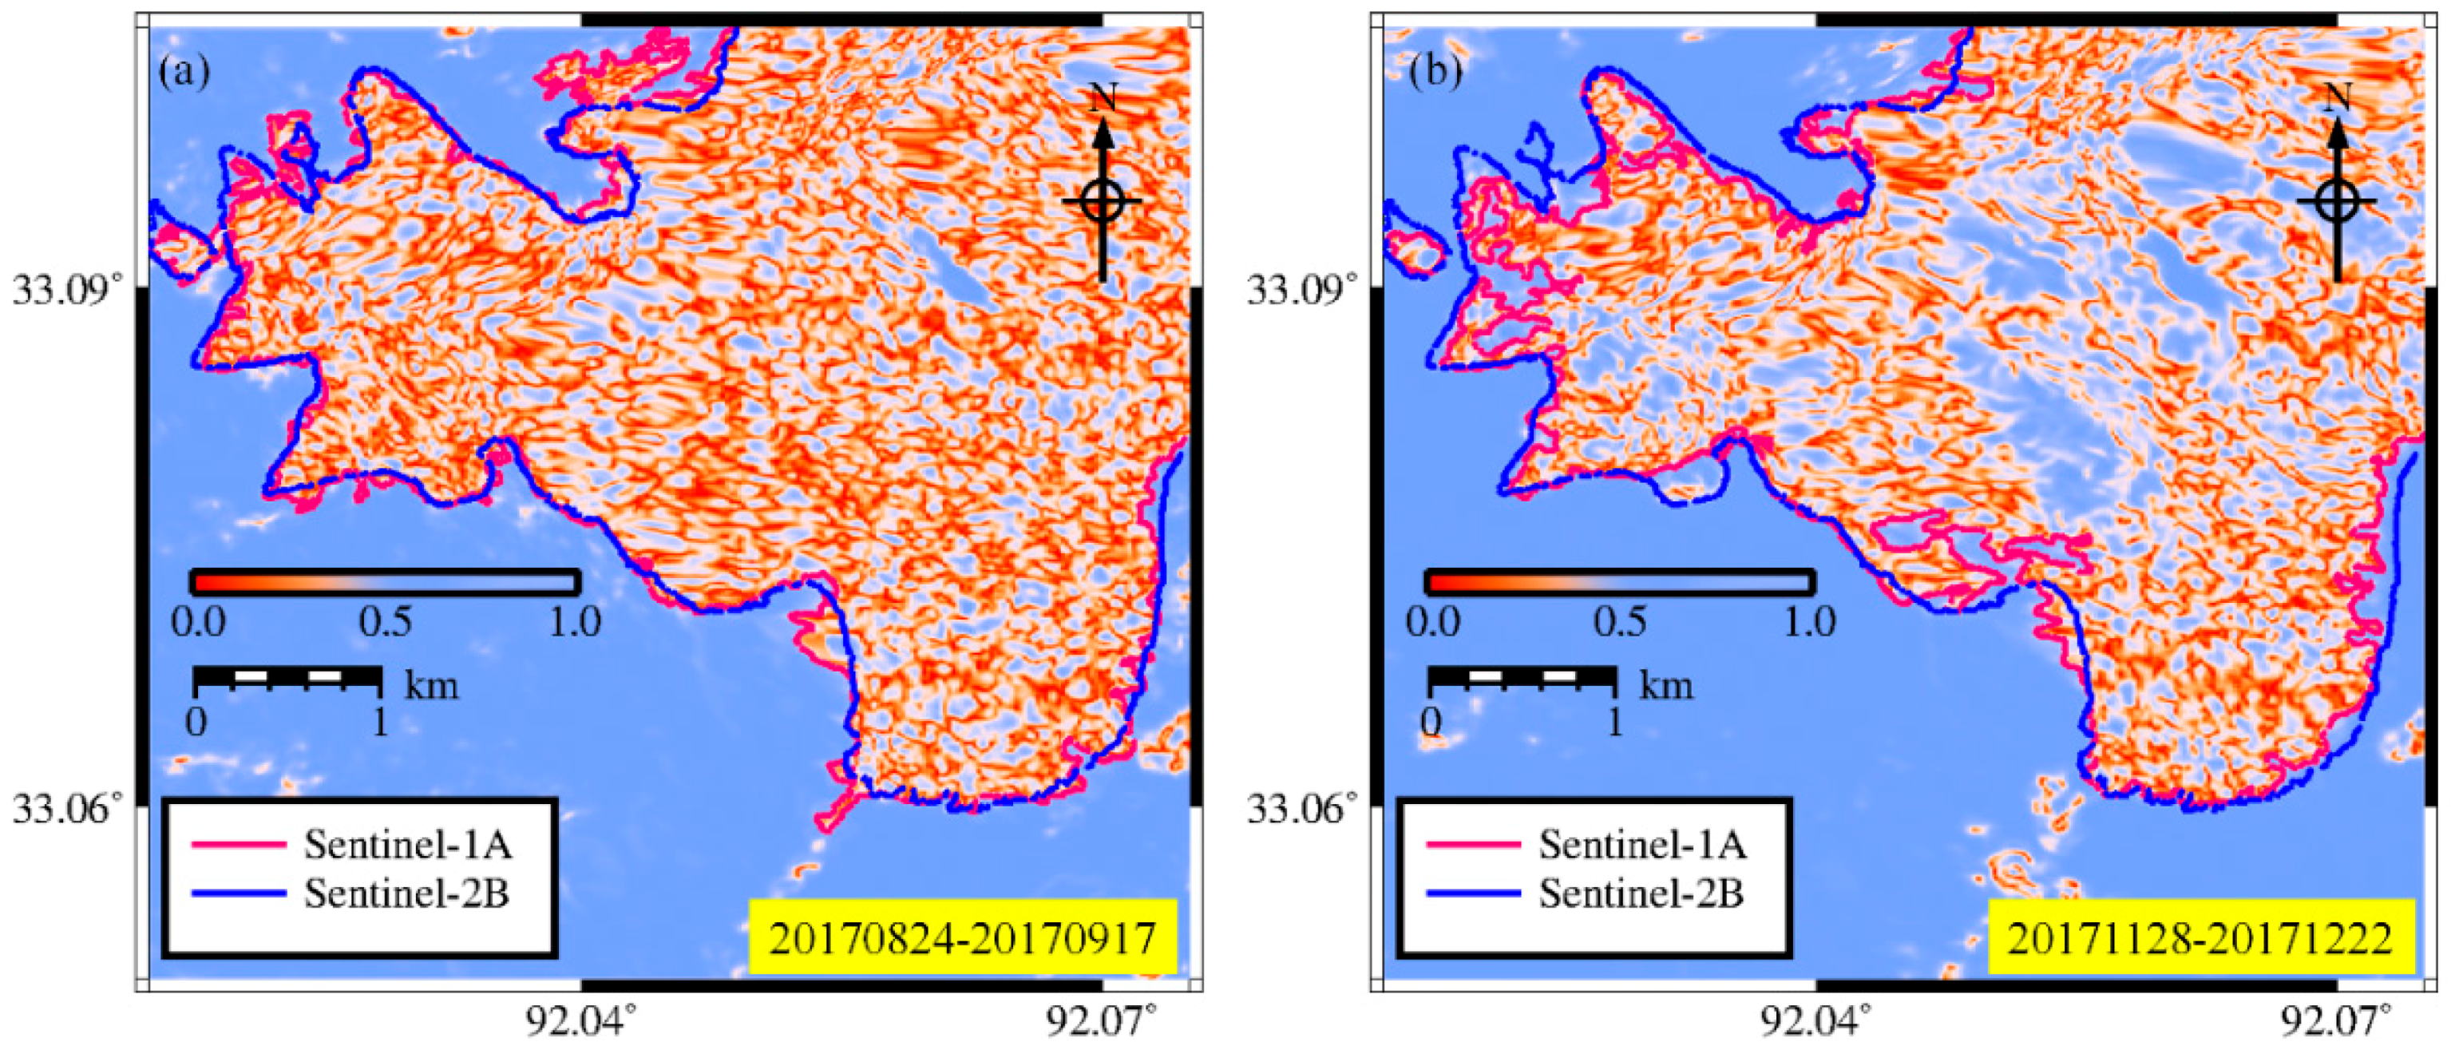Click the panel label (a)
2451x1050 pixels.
[x=184, y=71]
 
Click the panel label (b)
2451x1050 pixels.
[x=1435, y=71]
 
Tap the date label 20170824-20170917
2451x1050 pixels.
[x=962, y=937]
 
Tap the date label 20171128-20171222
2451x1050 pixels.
[x=2200, y=937]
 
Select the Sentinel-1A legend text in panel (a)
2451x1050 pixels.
[x=408, y=844]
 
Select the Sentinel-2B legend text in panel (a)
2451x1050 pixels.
[x=406, y=893]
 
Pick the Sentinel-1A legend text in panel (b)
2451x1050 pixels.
[x=1643, y=844]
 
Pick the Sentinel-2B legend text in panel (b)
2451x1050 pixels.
[x=1641, y=893]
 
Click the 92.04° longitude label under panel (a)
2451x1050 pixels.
[x=580, y=1021]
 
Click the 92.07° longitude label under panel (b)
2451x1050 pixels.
[x=2337, y=1021]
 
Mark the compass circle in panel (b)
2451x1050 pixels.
[x=2337, y=201]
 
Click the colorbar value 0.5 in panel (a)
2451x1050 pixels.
[x=386, y=623]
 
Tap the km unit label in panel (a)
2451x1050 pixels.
[x=432, y=684]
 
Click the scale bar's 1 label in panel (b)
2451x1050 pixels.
[x=1614, y=723]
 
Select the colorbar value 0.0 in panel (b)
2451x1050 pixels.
[x=1433, y=623]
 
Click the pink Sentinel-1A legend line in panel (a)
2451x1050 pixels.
[x=238, y=844]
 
